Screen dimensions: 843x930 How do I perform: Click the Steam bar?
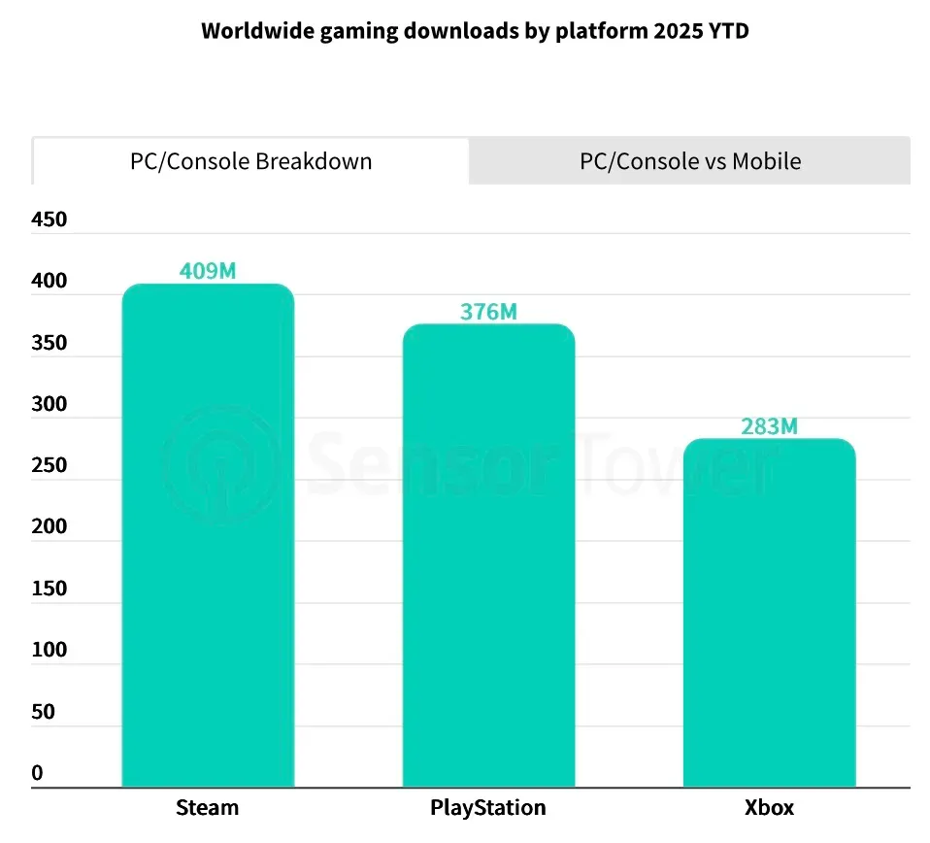(208, 534)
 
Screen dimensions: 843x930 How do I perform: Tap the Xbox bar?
(769, 612)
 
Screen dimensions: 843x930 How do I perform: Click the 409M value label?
(208, 271)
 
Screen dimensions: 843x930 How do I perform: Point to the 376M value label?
(488, 312)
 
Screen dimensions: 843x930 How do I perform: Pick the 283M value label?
(769, 426)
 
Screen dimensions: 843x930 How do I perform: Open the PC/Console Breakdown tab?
(250, 161)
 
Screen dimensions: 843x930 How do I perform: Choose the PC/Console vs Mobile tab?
(690, 161)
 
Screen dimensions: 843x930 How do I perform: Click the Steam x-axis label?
(207, 808)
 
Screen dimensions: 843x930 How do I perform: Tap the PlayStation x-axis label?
(488, 808)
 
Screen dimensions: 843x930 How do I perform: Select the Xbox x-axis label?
(769, 808)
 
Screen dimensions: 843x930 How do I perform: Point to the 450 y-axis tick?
(50, 219)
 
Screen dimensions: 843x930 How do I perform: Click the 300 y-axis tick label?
(50, 404)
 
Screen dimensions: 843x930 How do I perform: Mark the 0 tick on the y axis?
(37, 773)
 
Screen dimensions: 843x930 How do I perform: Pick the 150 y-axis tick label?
(50, 589)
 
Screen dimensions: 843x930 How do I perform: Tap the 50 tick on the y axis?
(44, 712)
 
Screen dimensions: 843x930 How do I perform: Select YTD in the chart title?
(727, 31)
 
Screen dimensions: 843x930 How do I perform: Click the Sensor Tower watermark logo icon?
(221, 463)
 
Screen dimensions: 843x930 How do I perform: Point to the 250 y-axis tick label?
(50, 465)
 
